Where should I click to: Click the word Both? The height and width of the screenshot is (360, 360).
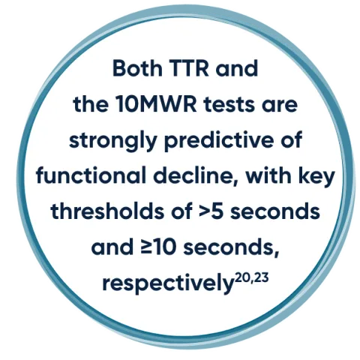[136, 69]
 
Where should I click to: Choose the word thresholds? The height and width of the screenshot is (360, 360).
[97, 211]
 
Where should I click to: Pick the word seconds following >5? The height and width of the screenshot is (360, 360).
[267, 211]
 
